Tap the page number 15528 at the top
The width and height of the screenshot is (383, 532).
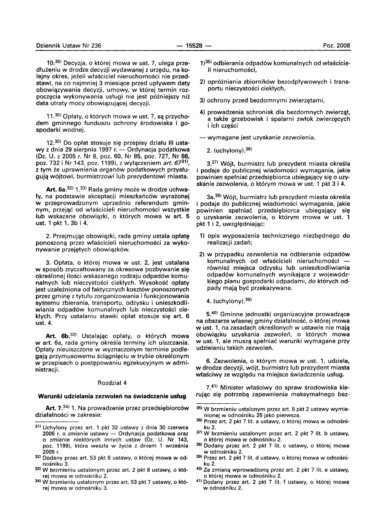click(x=191, y=46)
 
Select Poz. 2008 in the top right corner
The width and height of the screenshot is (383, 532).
click(x=337, y=46)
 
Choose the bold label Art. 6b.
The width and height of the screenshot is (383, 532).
click(x=56, y=336)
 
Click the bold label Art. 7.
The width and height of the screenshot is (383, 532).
click(x=53, y=406)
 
